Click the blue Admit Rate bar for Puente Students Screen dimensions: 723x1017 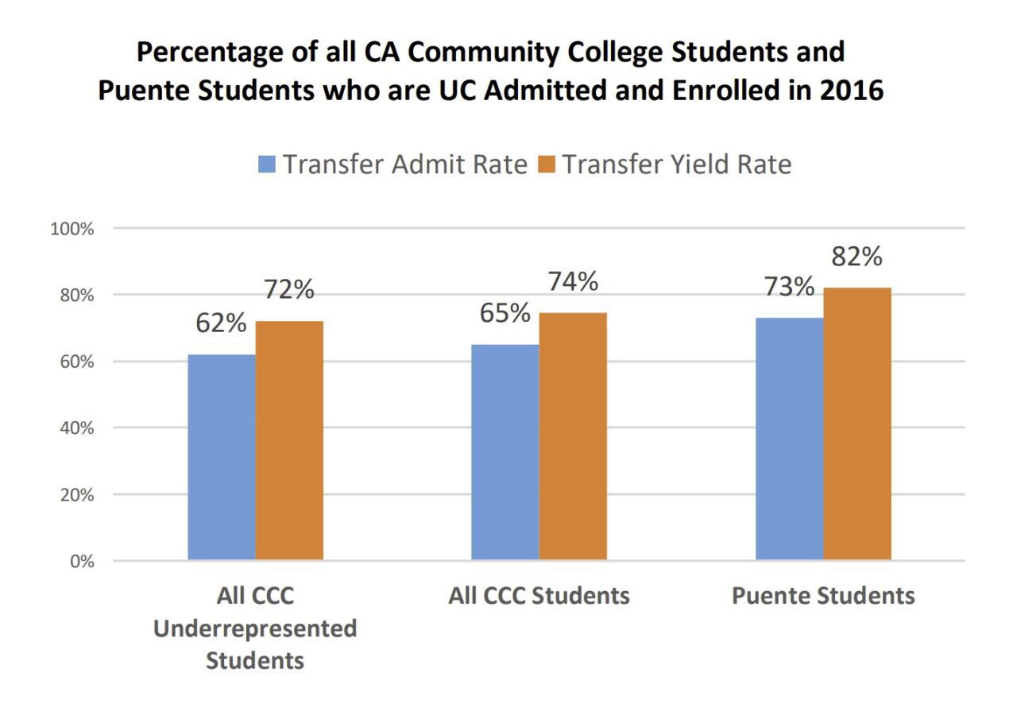click(789, 439)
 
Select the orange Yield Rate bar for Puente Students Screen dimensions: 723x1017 click(857, 423)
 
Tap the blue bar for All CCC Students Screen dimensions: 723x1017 click(505, 452)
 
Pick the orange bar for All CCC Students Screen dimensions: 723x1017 click(572, 436)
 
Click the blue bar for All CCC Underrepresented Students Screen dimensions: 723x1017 click(221, 457)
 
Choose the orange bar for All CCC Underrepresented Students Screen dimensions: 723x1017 click(289, 440)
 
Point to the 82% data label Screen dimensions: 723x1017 click(857, 257)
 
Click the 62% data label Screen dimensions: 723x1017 click(221, 324)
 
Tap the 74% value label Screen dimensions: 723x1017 click(572, 282)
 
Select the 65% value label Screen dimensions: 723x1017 click(505, 314)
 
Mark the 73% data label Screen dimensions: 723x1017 click(788, 287)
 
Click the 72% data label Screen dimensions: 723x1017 click(289, 290)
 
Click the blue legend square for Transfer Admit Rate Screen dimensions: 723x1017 click(267, 164)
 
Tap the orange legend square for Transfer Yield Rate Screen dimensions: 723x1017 click(547, 164)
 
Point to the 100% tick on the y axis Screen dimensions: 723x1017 click(72, 230)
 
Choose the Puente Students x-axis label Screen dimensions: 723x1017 click(823, 596)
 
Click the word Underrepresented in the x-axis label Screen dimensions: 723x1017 click(255, 628)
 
